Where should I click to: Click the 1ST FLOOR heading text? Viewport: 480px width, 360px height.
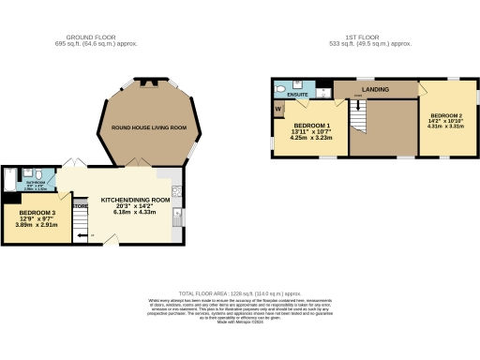361,38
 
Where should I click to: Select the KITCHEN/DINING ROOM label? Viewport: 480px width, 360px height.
135,201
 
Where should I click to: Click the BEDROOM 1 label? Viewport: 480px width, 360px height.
312,126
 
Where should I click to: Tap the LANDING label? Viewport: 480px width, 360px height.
374,89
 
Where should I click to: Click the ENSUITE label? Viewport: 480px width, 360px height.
298,95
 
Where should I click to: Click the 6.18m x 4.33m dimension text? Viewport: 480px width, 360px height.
135,214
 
